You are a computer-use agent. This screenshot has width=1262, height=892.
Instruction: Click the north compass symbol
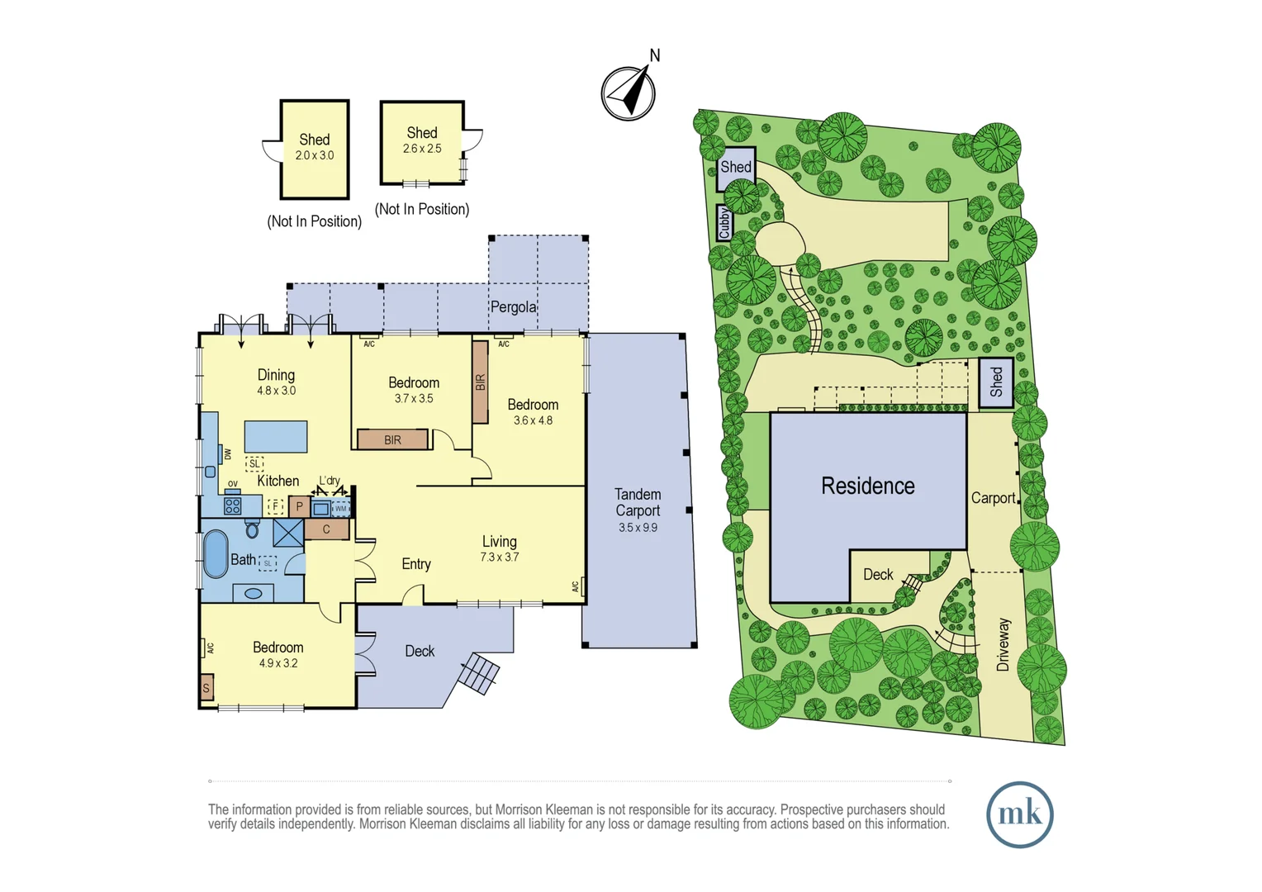coord(629,93)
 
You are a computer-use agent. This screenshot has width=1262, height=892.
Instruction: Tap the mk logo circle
coord(1019,814)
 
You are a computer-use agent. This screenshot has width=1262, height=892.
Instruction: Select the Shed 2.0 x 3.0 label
coord(315,146)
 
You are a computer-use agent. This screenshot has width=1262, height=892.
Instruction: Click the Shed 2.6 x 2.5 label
coord(422,140)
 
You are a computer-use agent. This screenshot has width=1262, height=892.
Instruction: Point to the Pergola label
coord(513,307)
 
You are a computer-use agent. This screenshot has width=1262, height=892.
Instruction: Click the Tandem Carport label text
coord(638,503)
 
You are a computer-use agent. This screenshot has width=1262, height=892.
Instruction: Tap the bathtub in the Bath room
coord(216,553)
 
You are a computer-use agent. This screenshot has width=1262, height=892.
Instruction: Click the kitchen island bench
coord(276,436)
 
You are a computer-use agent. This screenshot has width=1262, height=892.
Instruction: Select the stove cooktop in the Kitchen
coord(233,505)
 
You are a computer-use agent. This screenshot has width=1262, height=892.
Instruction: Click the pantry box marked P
coord(299,506)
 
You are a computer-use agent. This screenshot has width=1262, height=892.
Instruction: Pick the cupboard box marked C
coord(326,529)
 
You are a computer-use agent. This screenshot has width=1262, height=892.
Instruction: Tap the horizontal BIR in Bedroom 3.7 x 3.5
coord(393,439)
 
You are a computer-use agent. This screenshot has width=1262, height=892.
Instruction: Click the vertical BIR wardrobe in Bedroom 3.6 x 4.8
coord(480,382)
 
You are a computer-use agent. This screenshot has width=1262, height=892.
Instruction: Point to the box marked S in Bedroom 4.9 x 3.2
coord(206,687)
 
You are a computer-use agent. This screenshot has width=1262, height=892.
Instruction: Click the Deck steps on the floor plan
coord(479,672)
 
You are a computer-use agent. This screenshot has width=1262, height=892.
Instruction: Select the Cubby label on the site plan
coord(724,222)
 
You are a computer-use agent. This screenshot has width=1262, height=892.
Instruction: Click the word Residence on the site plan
coord(867,486)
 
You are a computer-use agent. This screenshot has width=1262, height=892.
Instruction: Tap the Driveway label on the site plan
coord(1003,644)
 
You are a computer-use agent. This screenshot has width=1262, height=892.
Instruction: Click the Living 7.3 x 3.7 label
coord(500,548)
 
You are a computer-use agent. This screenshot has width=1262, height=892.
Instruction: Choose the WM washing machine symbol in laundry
coord(340,509)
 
